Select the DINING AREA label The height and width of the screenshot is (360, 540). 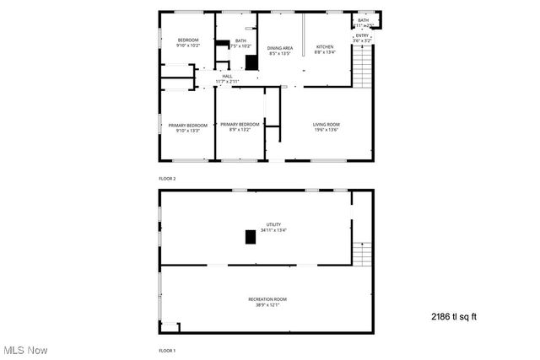coord(280,51)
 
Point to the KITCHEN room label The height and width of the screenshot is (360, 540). coord(325,50)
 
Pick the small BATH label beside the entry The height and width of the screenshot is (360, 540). coord(363,23)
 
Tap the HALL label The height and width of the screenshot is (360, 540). coord(227,79)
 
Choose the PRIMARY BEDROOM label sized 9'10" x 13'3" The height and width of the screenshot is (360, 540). coord(187,128)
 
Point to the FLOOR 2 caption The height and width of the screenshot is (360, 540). coord(167,179)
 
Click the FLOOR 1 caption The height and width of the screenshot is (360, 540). coord(167,350)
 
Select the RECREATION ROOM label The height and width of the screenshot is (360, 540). coord(267,302)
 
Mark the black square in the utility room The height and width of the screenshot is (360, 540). coord(251,237)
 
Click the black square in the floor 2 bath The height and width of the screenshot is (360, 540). coord(251,62)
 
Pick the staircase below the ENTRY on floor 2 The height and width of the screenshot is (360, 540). coord(362,67)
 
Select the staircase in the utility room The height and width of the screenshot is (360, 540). coord(362,253)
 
